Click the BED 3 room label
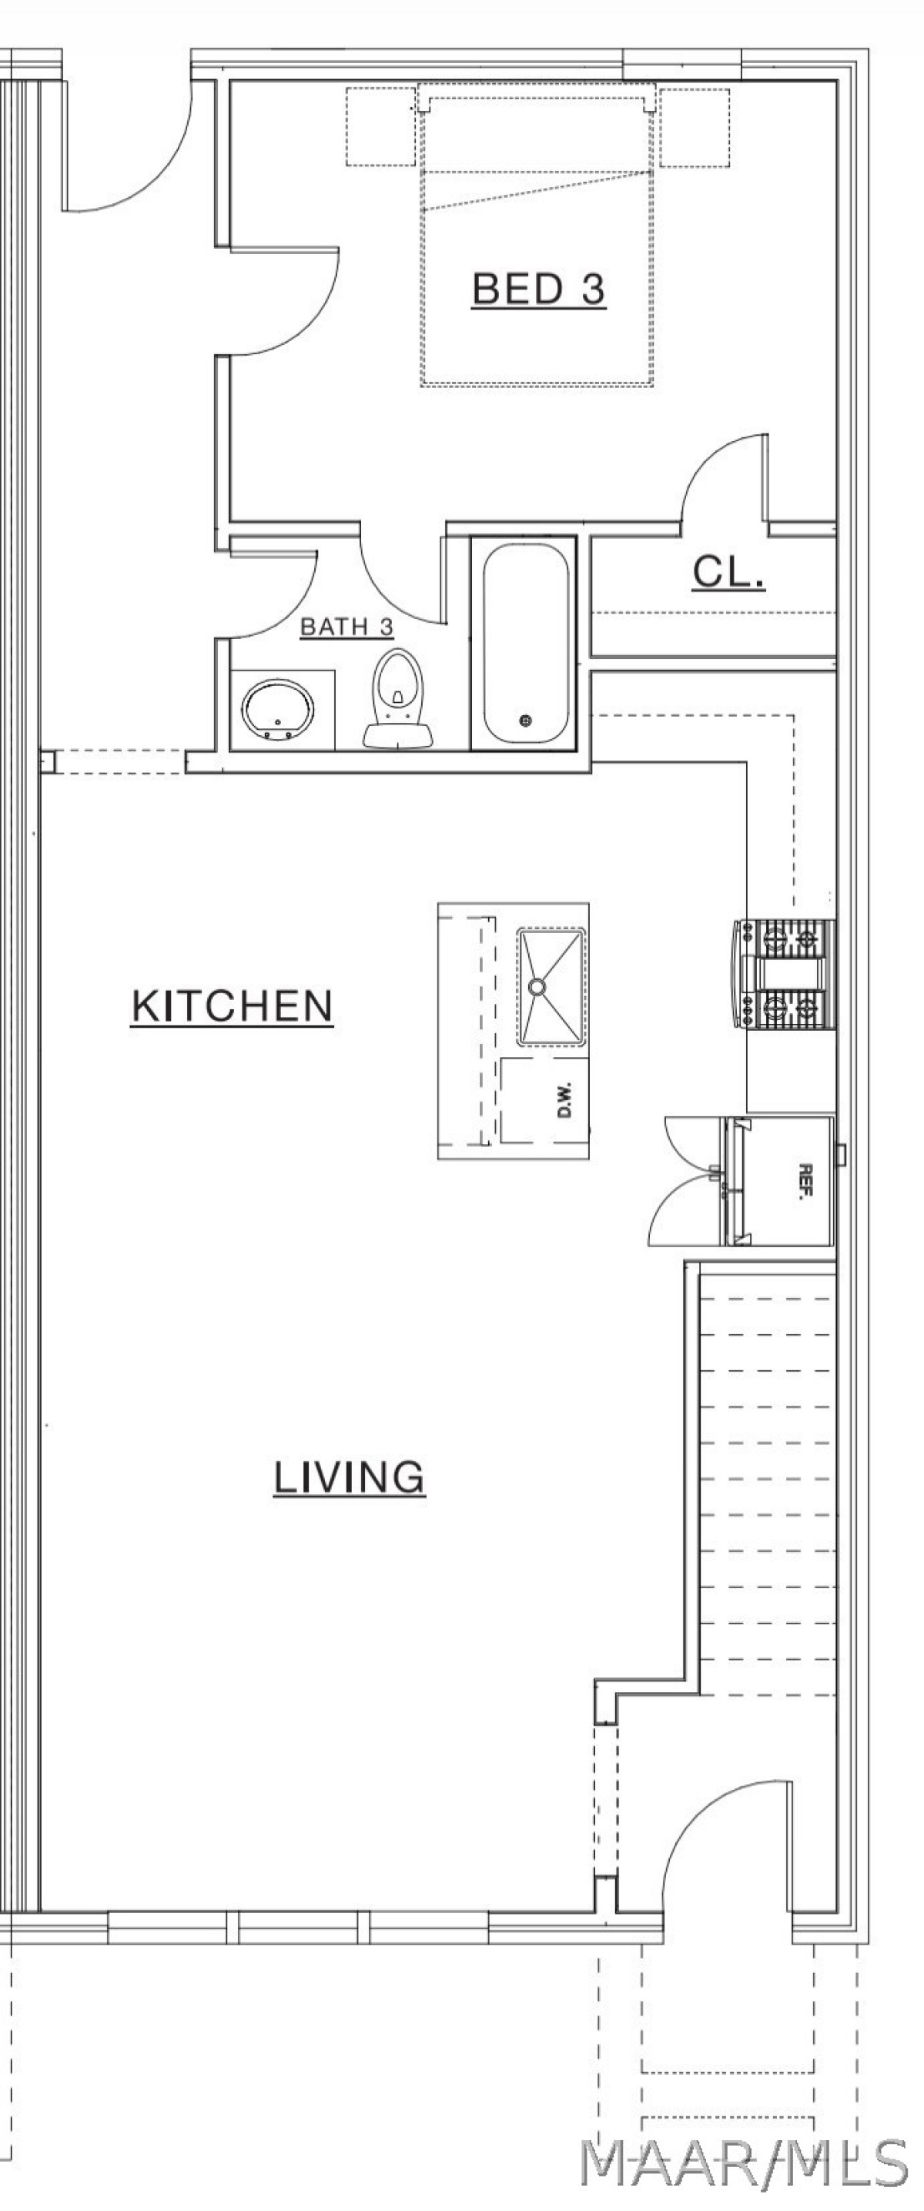point(538,289)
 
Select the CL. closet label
point(728,572)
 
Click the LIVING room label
point(349,1477)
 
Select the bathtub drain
point(527,719)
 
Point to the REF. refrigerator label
point(805,1181)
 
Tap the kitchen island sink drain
point(537,986)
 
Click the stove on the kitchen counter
point(784,973)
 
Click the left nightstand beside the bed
point(381,126)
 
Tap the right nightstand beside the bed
point(694,126)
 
